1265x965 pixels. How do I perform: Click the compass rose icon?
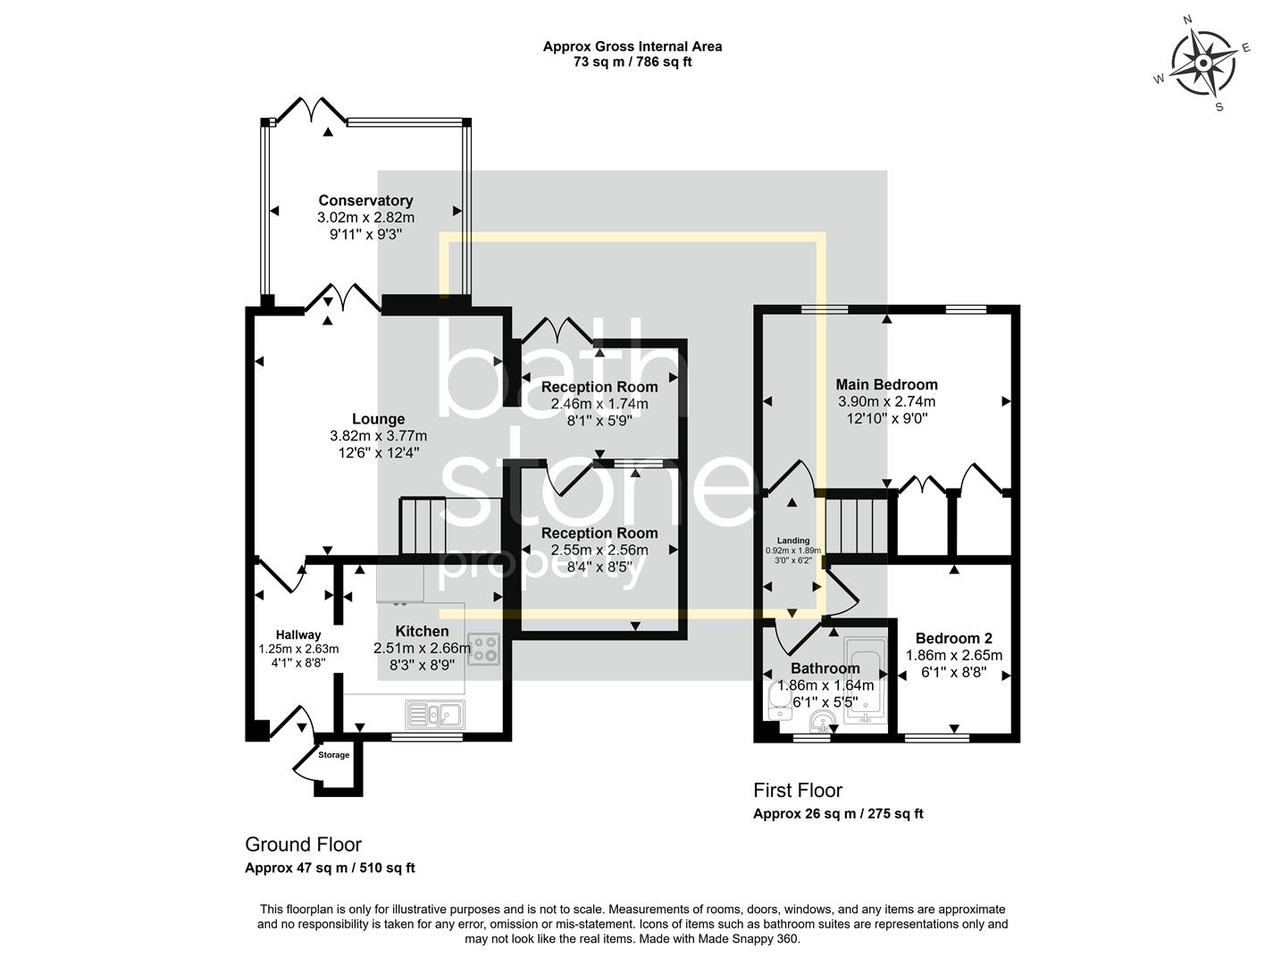[1202, 63]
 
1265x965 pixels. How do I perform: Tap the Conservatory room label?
[365, 201]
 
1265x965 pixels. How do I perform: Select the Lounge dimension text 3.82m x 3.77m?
[378, 436]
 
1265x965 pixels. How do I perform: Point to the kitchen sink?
[434, 714]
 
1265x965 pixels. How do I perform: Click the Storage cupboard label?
[334, 755]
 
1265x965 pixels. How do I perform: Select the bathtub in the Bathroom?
[863, 677]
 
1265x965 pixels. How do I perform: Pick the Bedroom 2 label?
[953, 638]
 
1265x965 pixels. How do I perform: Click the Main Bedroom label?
[886, 385]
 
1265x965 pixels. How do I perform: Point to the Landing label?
[792, 541]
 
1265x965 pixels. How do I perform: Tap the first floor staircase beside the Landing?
[855, 524]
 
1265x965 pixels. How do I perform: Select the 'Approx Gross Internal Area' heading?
[632, 46]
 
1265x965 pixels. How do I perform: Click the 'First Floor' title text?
[798, 790]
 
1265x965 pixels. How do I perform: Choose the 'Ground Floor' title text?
[303, 844]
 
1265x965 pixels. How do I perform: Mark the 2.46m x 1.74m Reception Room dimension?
[599, 404]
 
